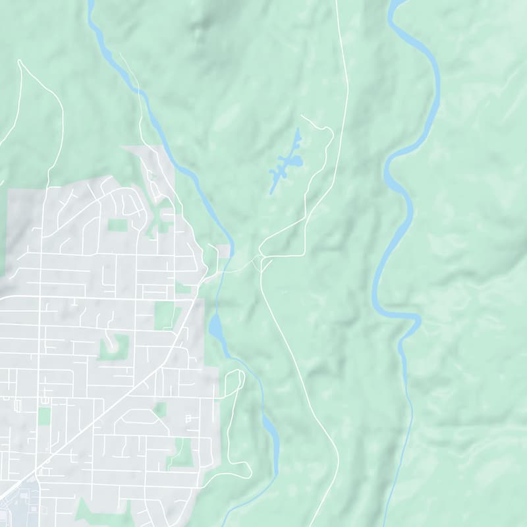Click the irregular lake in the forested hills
tap(287, 162)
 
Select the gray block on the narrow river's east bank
tap(225, 250)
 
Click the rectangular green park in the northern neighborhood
tap(117, 225)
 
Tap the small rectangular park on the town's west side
tap(44, 416)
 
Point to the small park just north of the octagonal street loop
tap(160, 410)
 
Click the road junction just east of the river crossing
tap(262, 259)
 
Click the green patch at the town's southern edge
tap(92, 511)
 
